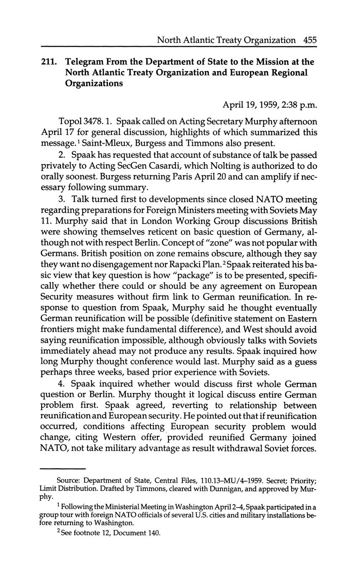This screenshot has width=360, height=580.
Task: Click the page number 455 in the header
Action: pos(309,40)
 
